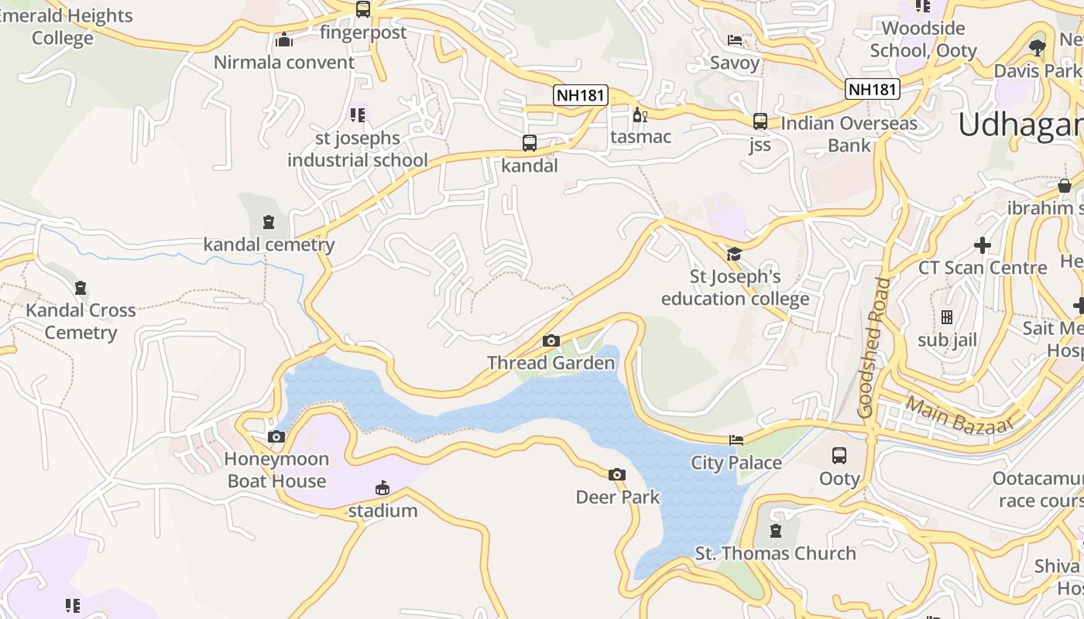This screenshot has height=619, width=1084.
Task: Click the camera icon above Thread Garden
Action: pyautogui.click(x=551, y=340)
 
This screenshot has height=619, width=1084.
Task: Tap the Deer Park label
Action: pyautogui.click(x=618, y=497)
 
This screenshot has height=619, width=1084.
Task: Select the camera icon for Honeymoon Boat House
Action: pyautogui.click(x=276, y=437)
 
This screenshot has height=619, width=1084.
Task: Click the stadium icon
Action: pyautogui.click(x=382, y=488)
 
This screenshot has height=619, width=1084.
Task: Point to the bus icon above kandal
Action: pyautogui.click(x=530, y=143)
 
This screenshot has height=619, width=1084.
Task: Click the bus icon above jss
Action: pyautogui.click(x=760, y=121)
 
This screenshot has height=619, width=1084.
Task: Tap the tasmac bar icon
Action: pyautogui.click(x=640, y=115)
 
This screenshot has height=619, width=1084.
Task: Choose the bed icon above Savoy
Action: pyautogui.click(x=735, y=40)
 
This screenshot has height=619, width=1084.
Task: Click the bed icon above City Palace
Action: pyautogui.click(x=736, y=440)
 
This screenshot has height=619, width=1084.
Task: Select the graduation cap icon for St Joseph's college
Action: pyautogui.click(x=733, y=254)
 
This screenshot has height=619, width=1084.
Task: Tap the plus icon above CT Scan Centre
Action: pyautogui.click(x=983, y=245)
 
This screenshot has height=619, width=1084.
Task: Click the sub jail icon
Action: pyautogui.click(x=947, y=317)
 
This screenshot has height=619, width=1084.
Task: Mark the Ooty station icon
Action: pyautogui.click(x=839, y=456)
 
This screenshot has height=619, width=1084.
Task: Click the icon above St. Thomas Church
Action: pyautogui.click(x=775, y=531)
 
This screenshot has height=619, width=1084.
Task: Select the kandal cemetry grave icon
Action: pyautogui.click(x=269, y=223)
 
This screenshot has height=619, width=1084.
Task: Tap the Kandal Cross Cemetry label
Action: pyautogui.click(x=81, y=321)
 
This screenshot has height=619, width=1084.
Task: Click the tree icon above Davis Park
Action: pyautogui.click(x=1038, y=48)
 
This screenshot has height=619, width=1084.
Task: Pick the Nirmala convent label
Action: pyautogui.click(x=284, y=63)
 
